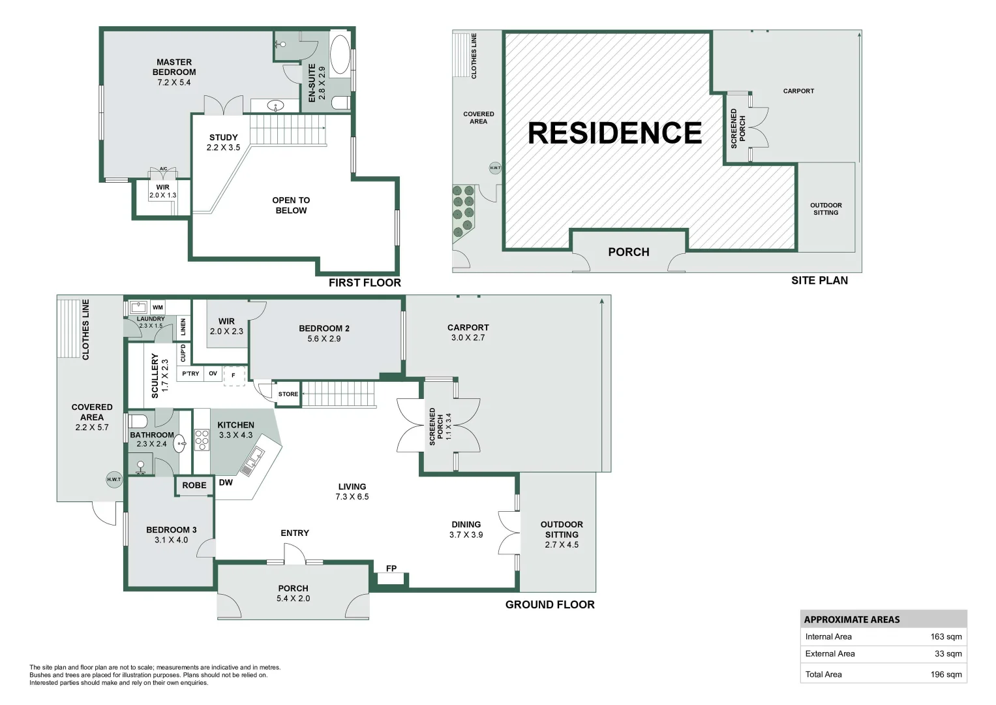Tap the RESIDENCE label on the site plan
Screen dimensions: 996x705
pos(614,133)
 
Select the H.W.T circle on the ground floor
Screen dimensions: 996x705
pos(114,479)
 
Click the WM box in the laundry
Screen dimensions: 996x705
pos(158,307)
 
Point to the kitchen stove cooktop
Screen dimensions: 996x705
pos(202,439)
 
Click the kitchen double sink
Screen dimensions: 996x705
pos(252,462)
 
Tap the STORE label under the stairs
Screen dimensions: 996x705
pos(288,394)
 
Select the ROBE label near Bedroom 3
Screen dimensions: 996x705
pos(194,485)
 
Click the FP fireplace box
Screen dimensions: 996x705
pos(391,578)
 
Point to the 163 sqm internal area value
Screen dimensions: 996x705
pos(946,636)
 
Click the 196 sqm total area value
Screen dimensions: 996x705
pos(946,674)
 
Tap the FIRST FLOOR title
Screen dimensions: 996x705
pos(365,283)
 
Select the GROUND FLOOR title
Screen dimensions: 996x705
pos(550,604)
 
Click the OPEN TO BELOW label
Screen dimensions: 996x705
pos(292,205)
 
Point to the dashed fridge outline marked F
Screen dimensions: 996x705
pos(234,375)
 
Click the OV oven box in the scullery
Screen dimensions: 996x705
pos(213,373)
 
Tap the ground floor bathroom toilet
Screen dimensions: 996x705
pos(138,421)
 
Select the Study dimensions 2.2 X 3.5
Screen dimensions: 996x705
pos(223,148)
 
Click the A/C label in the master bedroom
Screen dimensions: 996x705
pos(163,168)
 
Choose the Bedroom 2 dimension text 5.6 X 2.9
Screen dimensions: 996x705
pos(324,339)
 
